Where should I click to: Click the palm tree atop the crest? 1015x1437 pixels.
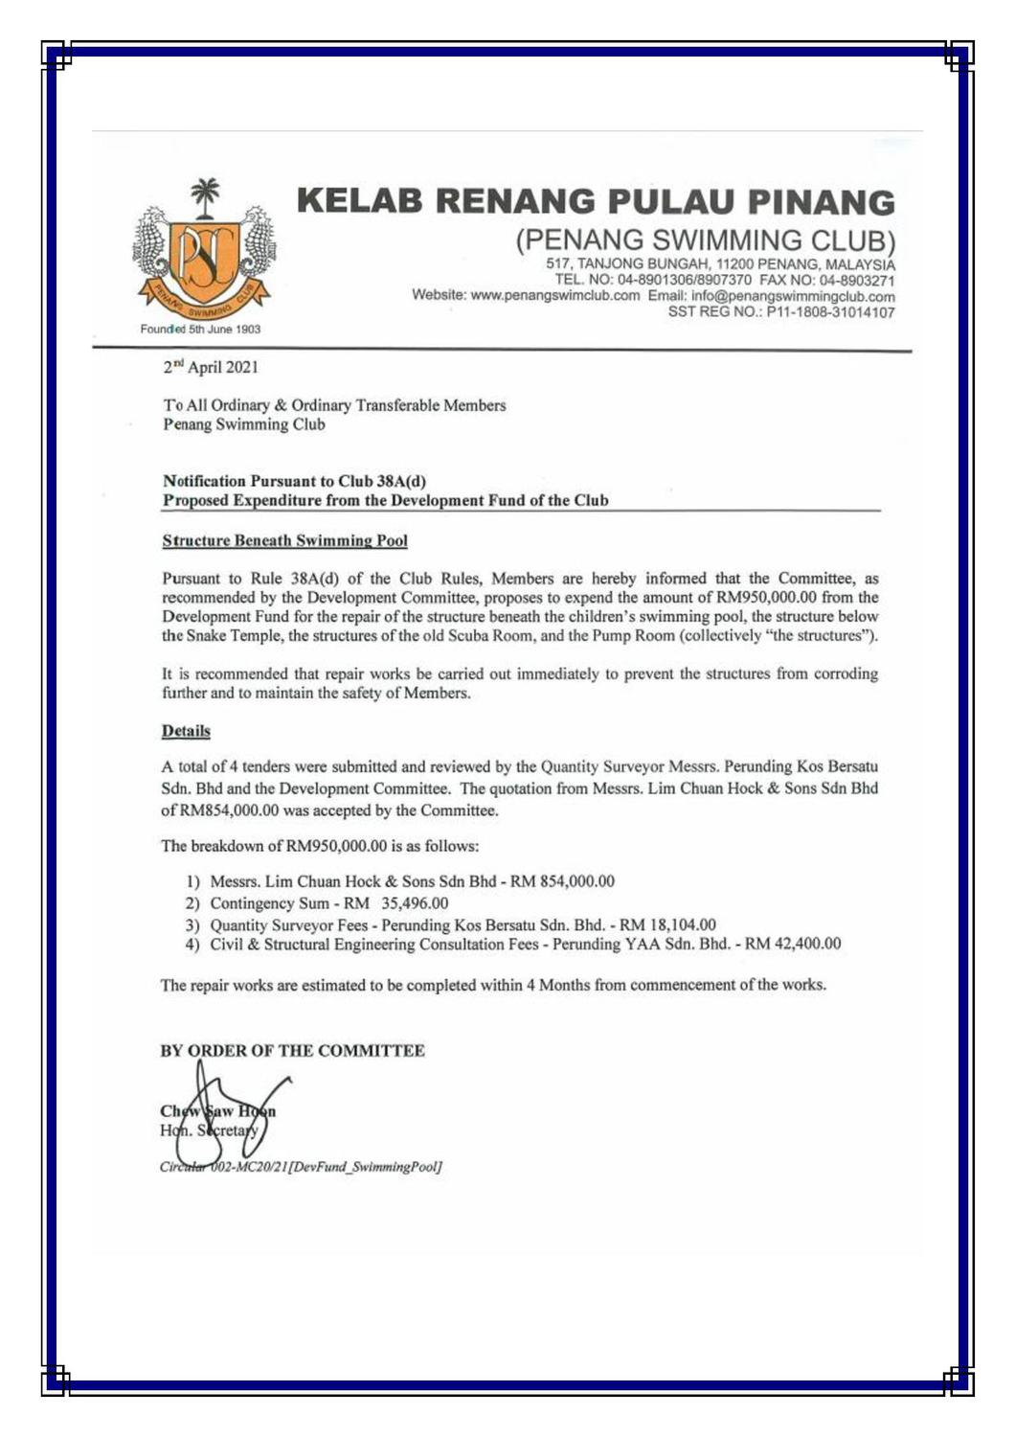coord(204,196)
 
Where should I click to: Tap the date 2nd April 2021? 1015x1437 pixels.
coord(210,367)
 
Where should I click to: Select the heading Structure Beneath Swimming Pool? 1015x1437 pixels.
coord(284,540)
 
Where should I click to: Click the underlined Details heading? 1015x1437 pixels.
coord(185,731)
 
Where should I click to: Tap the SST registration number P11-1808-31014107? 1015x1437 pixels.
coord(830,312)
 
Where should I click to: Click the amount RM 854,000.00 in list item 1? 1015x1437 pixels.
coord(562,881)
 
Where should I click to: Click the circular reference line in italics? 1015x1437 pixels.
coord(300,1167)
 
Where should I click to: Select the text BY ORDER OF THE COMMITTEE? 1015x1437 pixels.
coord(292,1051)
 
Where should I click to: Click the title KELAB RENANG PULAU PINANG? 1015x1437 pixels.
coord(596,201)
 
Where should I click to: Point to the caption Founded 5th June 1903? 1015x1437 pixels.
coord(200,330)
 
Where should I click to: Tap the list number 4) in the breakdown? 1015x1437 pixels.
coord(192,945)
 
